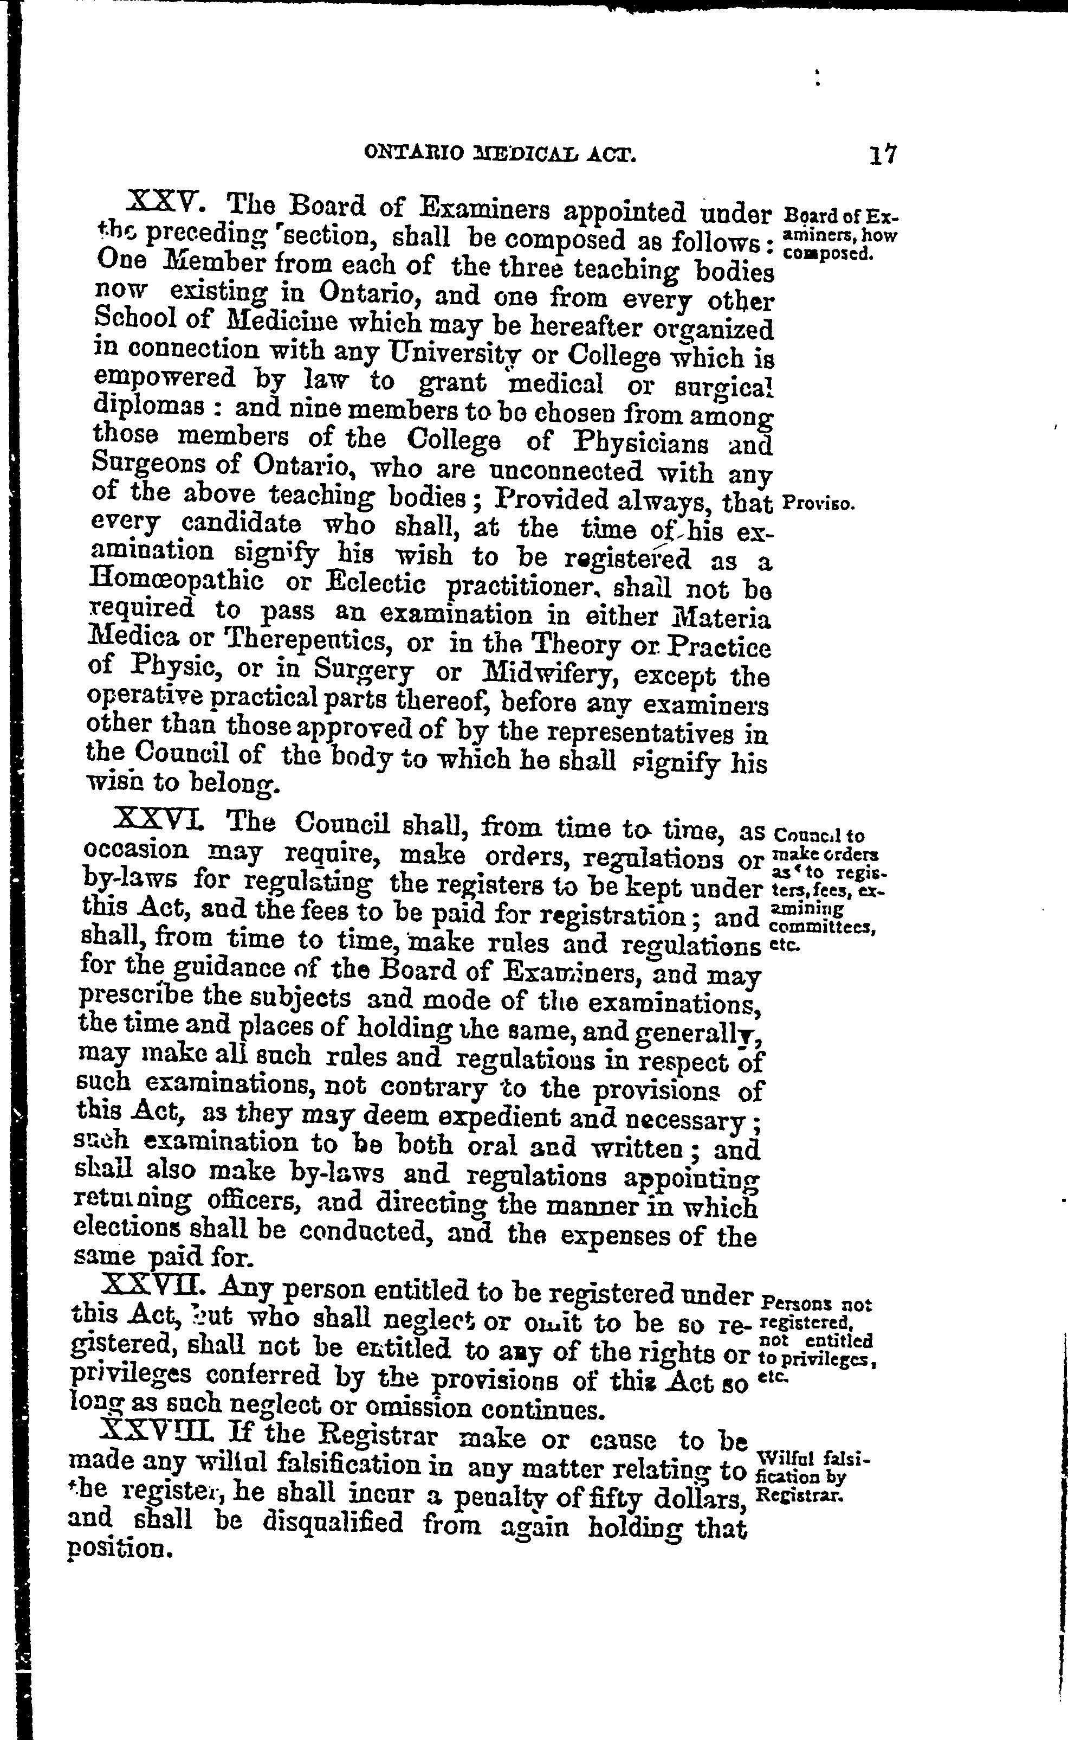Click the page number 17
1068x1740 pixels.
coord(882,153)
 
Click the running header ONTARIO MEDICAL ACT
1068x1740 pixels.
coord(500,153)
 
